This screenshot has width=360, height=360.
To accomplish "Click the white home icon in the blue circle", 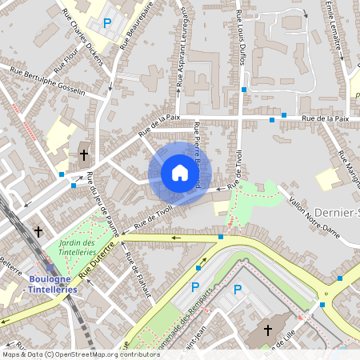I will (180, 173).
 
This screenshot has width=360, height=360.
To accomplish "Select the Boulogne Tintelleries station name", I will (52, 284).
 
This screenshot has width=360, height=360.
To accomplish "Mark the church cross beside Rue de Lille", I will (267, 330).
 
